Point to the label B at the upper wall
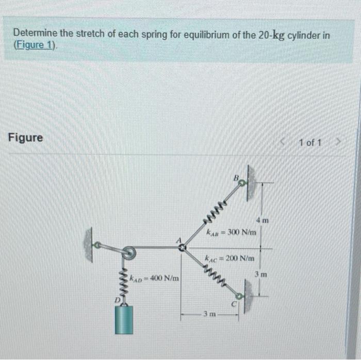coord(236,178)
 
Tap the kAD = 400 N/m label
coord(154,279)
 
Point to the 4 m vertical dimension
coord(264,220)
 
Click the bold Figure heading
coord(26,138)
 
